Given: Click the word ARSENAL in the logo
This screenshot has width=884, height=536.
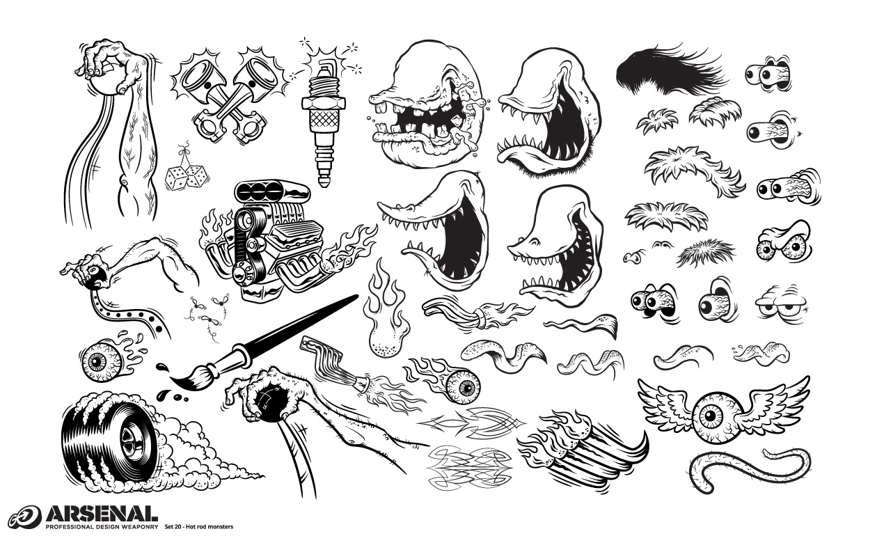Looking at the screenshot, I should click(x=101, y=514).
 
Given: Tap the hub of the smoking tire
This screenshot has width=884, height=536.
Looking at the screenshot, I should click(x=131, y=441).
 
